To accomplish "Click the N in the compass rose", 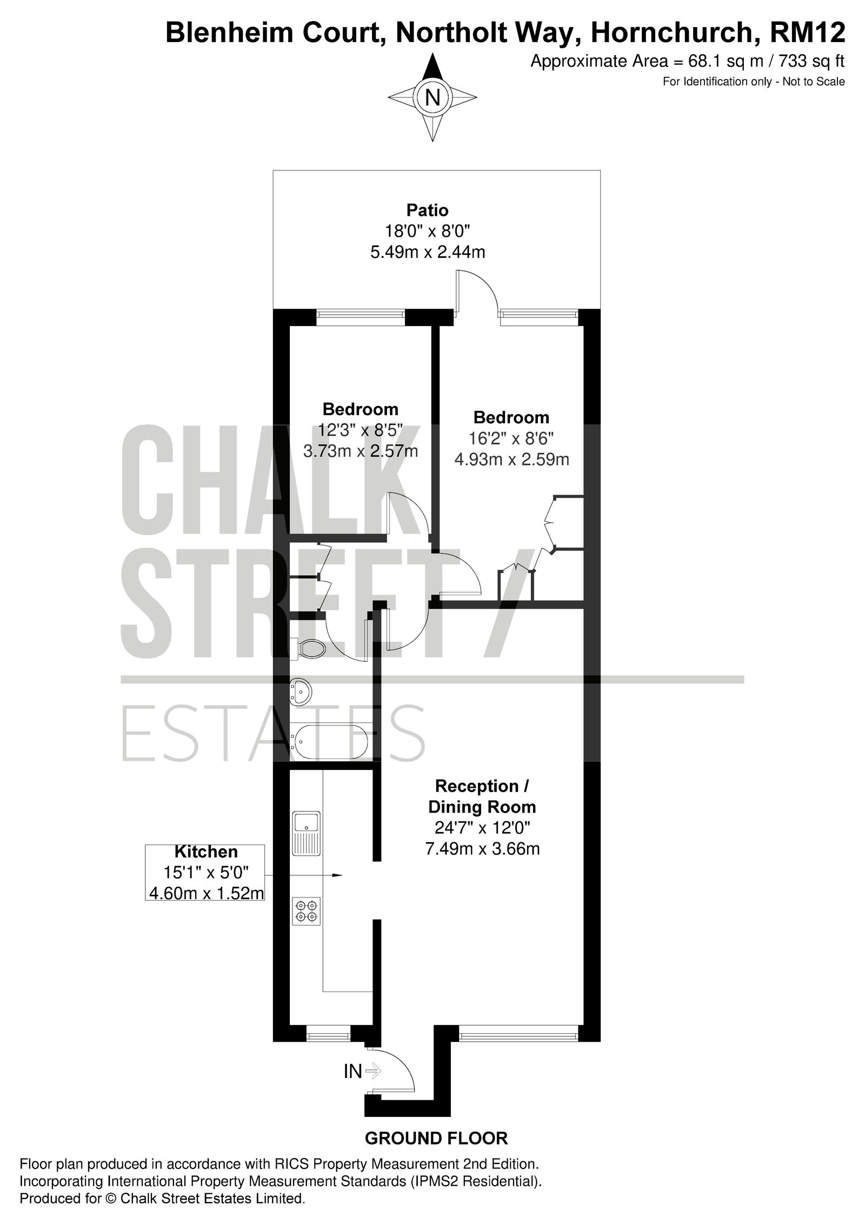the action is (x=432, y=98).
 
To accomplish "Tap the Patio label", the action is (x=428, y=210).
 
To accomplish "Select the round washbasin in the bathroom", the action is (x=301, y=692).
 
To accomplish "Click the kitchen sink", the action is (x=306, y=833).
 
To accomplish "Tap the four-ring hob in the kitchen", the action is (x=306, y=910).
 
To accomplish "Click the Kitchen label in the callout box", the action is (x=206, y=852).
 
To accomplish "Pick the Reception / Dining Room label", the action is (x=482, y=796).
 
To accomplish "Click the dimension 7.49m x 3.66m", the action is (x=482, y=848).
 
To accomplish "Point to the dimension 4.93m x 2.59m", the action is (x=511, y=459).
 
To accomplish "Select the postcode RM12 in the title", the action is (x=808, y=32).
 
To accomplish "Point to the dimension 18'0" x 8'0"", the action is (x=428, y=231).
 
